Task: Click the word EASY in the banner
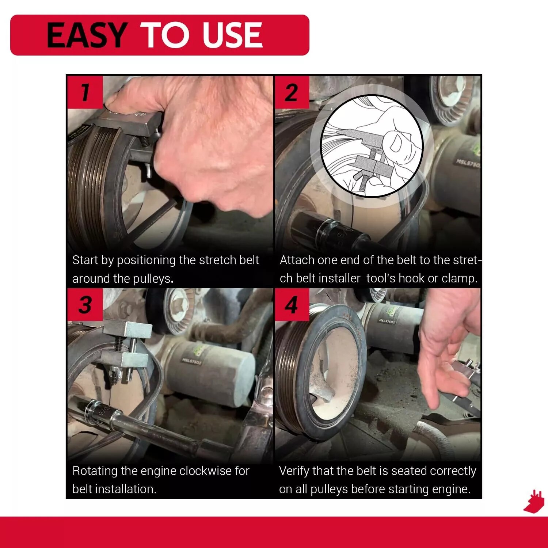click(87, 35)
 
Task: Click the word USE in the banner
click(232, 35)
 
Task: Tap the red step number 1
click(85, 92)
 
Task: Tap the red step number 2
click(292, 92)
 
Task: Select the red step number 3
click(85, 305)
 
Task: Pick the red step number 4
click(292, 305)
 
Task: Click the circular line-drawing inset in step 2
click(372, 146)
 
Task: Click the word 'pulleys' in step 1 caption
click(152, 279)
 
